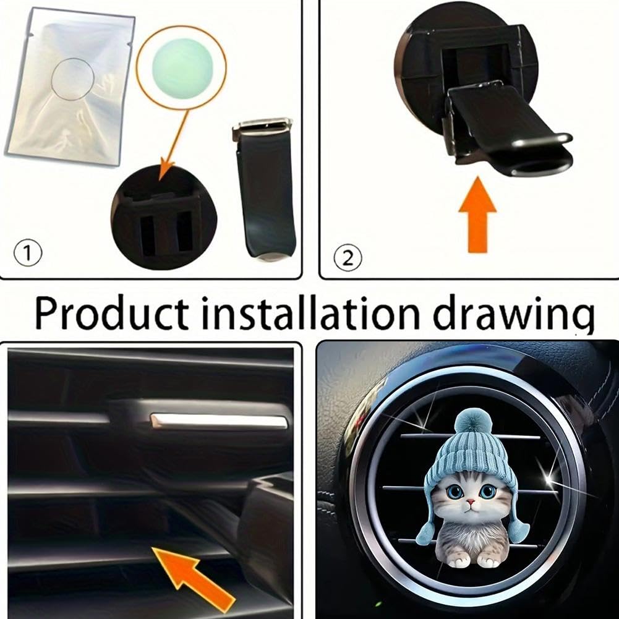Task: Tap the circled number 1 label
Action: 27,254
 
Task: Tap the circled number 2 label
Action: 348,257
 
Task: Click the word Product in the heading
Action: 111,314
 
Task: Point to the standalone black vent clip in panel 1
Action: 263,189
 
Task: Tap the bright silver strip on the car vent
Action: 220,421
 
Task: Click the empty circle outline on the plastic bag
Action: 72,79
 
